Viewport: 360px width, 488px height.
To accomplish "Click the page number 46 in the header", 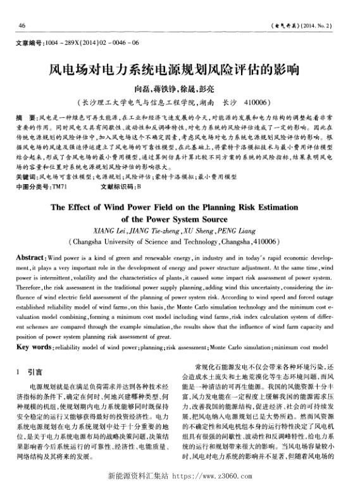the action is coord(22,26).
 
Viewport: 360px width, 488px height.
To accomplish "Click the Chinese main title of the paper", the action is coord(180,68).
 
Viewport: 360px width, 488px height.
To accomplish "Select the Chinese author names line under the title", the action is coord(180,87).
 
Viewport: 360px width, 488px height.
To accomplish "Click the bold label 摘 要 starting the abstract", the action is coord(25,118).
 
